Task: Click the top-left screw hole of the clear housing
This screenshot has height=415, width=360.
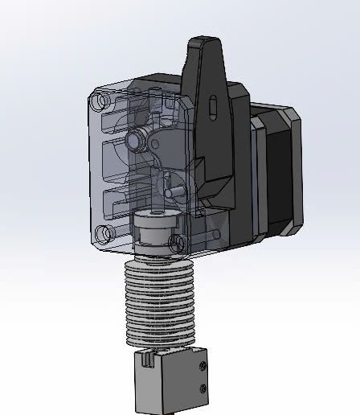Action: pos(100,102)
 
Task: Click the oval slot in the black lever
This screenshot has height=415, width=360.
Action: pos(211,105)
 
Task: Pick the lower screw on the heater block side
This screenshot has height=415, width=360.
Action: pos(203,390)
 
